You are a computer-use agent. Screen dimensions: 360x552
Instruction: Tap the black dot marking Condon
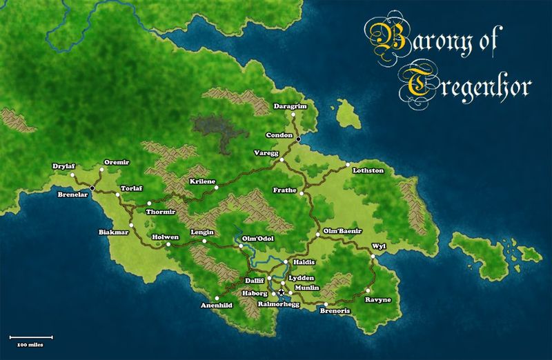[298, 139]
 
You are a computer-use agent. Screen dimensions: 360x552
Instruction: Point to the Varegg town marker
[282, 161]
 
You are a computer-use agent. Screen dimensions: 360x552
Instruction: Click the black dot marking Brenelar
[92, 188]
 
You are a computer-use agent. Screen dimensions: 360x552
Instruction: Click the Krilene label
[202, 181]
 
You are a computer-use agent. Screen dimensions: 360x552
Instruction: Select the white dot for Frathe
[302, 194]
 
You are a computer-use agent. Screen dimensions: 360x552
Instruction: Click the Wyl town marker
[372, 257]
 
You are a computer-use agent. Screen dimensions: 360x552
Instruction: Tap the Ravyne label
[378, 300]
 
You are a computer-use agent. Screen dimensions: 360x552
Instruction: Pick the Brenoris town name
[336, 311]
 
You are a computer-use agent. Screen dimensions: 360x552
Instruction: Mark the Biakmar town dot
[130, 225]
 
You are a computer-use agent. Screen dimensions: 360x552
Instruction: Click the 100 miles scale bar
[31, 337]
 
